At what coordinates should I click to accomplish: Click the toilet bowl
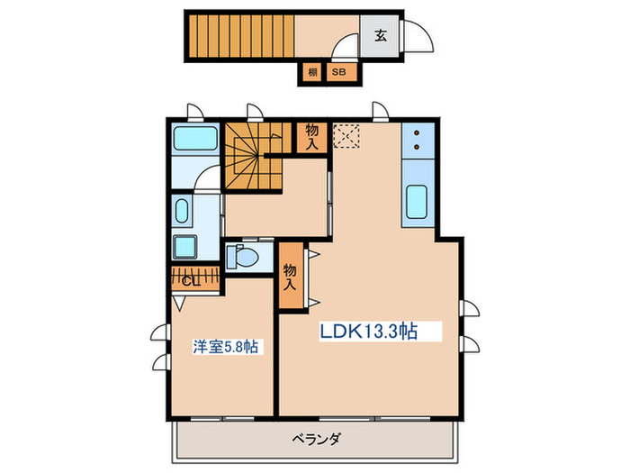243,256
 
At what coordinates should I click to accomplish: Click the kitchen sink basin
418,200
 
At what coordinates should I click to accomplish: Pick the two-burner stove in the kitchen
418,140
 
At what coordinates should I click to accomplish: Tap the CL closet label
191,280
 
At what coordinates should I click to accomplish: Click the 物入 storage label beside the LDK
290,276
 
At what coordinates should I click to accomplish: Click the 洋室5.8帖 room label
227,346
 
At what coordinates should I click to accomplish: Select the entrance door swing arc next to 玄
419,37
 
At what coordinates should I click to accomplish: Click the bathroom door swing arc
206,177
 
